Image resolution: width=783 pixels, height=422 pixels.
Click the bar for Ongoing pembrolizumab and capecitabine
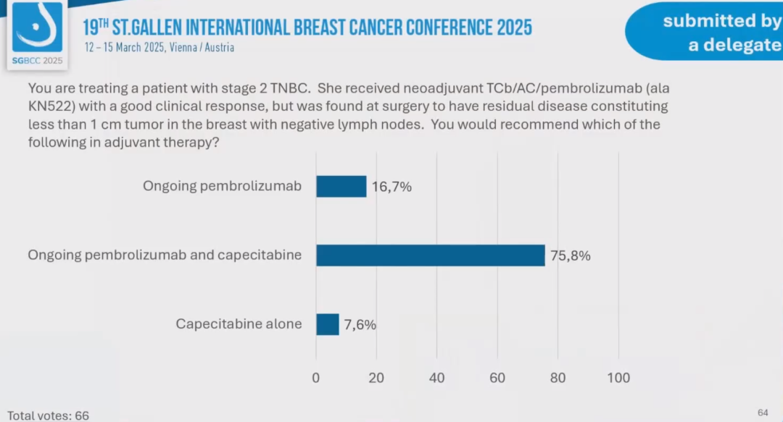click(430, 256)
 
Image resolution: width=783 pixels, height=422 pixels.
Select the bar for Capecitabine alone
click(328, 324)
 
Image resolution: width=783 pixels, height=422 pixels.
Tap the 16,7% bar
click(341, 187)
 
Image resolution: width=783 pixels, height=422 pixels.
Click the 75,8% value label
click(571, 256)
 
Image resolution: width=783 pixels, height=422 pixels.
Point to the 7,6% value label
click(360, 324)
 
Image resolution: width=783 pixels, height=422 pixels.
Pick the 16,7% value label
click(391, 187)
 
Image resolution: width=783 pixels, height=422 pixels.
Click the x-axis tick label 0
click(316, 378)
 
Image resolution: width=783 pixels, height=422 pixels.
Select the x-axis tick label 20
click(376, 378)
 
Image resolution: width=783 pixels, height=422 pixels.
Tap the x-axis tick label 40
click(436, 378)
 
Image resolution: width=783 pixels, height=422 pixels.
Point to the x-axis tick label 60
click(497, 378)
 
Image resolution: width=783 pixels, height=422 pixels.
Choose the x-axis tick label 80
click(558, 378)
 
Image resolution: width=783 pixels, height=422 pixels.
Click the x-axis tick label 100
click(618, 378)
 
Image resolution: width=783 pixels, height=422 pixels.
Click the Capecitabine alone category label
click(239, 324)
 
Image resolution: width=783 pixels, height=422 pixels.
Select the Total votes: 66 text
click(48, 415)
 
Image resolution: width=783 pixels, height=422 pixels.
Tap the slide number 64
click(763, 413)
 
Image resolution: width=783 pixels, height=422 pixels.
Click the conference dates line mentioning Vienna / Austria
click(159, 48)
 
